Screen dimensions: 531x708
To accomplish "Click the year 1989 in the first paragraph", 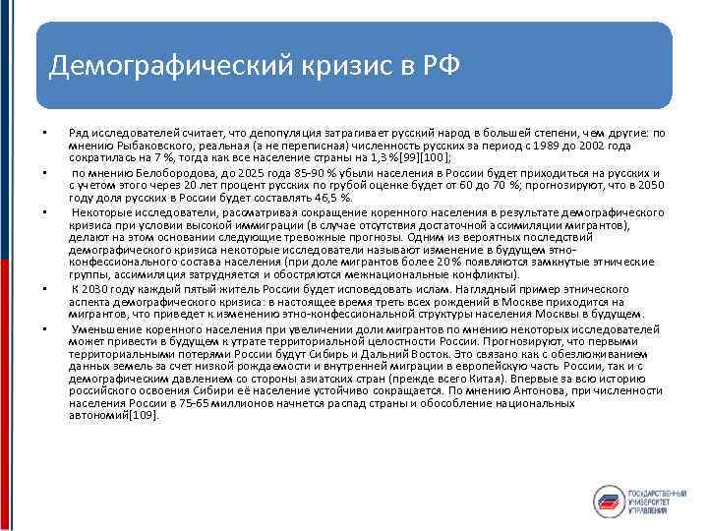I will pos(534,144).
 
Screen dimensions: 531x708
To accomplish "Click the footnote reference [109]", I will pos(142,415).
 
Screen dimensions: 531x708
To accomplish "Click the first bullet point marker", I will pos(44,132).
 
